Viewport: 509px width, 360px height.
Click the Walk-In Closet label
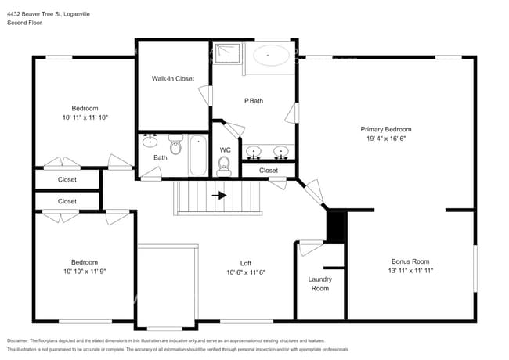coord(172,78)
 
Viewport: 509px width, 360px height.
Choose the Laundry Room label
coord(319,283)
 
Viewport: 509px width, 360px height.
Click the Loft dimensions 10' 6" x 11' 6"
coord(246,272)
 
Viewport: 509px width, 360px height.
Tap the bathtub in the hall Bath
coord(198,155)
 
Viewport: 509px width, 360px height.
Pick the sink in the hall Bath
coord(150,142)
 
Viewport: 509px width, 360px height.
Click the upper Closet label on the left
coord(67,179)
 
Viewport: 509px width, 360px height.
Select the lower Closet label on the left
coord(67,201)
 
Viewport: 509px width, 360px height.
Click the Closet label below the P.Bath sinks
coord(268,170)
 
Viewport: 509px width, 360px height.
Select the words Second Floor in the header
coord(23,23)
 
